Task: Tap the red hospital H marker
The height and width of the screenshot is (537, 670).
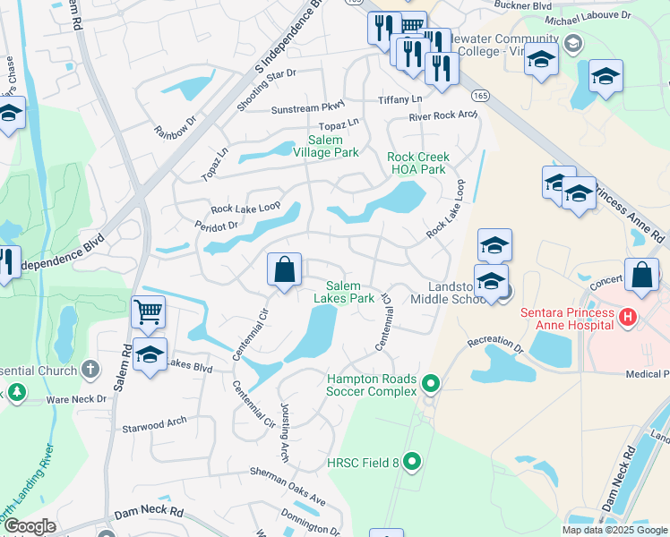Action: [628, 316]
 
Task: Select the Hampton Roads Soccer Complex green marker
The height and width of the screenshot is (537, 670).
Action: [431, 385]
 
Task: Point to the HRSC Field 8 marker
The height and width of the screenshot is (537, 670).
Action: [412, 462]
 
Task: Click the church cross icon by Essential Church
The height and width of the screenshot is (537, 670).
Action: [90, 368]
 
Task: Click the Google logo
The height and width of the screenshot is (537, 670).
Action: [30, 526]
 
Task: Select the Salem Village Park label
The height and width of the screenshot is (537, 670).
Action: [333, 147]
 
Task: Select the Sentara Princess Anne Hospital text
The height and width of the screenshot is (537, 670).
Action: [568, 319]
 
